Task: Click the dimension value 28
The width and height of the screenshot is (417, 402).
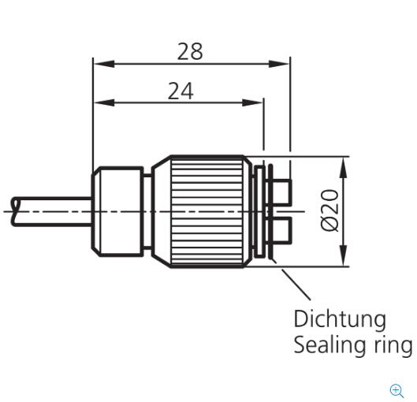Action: (x=190, y=51)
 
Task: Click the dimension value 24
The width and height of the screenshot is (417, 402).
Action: (x=181, y=91)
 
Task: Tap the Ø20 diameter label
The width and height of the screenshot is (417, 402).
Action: (x=330, y=210)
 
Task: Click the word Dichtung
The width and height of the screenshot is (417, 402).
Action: (x=340, y=319)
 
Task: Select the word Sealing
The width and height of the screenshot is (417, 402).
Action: (x=326, y=344)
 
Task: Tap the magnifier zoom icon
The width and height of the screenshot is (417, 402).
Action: (x=397, y=391)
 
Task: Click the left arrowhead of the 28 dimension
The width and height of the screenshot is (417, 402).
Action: (x=104, y=64)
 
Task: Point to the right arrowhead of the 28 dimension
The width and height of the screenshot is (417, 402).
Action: (x=279, y=64)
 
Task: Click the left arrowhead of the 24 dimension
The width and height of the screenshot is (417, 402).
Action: (x=104, y=102)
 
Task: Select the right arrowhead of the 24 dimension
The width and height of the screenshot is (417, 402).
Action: (x=252, y=102)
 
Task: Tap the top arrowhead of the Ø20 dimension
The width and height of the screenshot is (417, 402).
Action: (x=344, y=167)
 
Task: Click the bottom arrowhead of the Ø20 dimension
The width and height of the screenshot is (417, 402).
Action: (x=344, y=255)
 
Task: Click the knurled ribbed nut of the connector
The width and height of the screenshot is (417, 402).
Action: (x=207, y=211)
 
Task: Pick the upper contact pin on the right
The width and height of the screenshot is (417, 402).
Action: (x=282, y=192)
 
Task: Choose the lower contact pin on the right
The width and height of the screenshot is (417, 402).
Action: (x=282, y=230)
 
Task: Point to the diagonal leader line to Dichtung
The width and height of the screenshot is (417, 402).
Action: (x=296, y=285)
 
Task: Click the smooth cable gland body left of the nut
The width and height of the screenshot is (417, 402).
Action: (x=117, y=211)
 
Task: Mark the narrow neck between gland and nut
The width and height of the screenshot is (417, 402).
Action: (x=147, y=211)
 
